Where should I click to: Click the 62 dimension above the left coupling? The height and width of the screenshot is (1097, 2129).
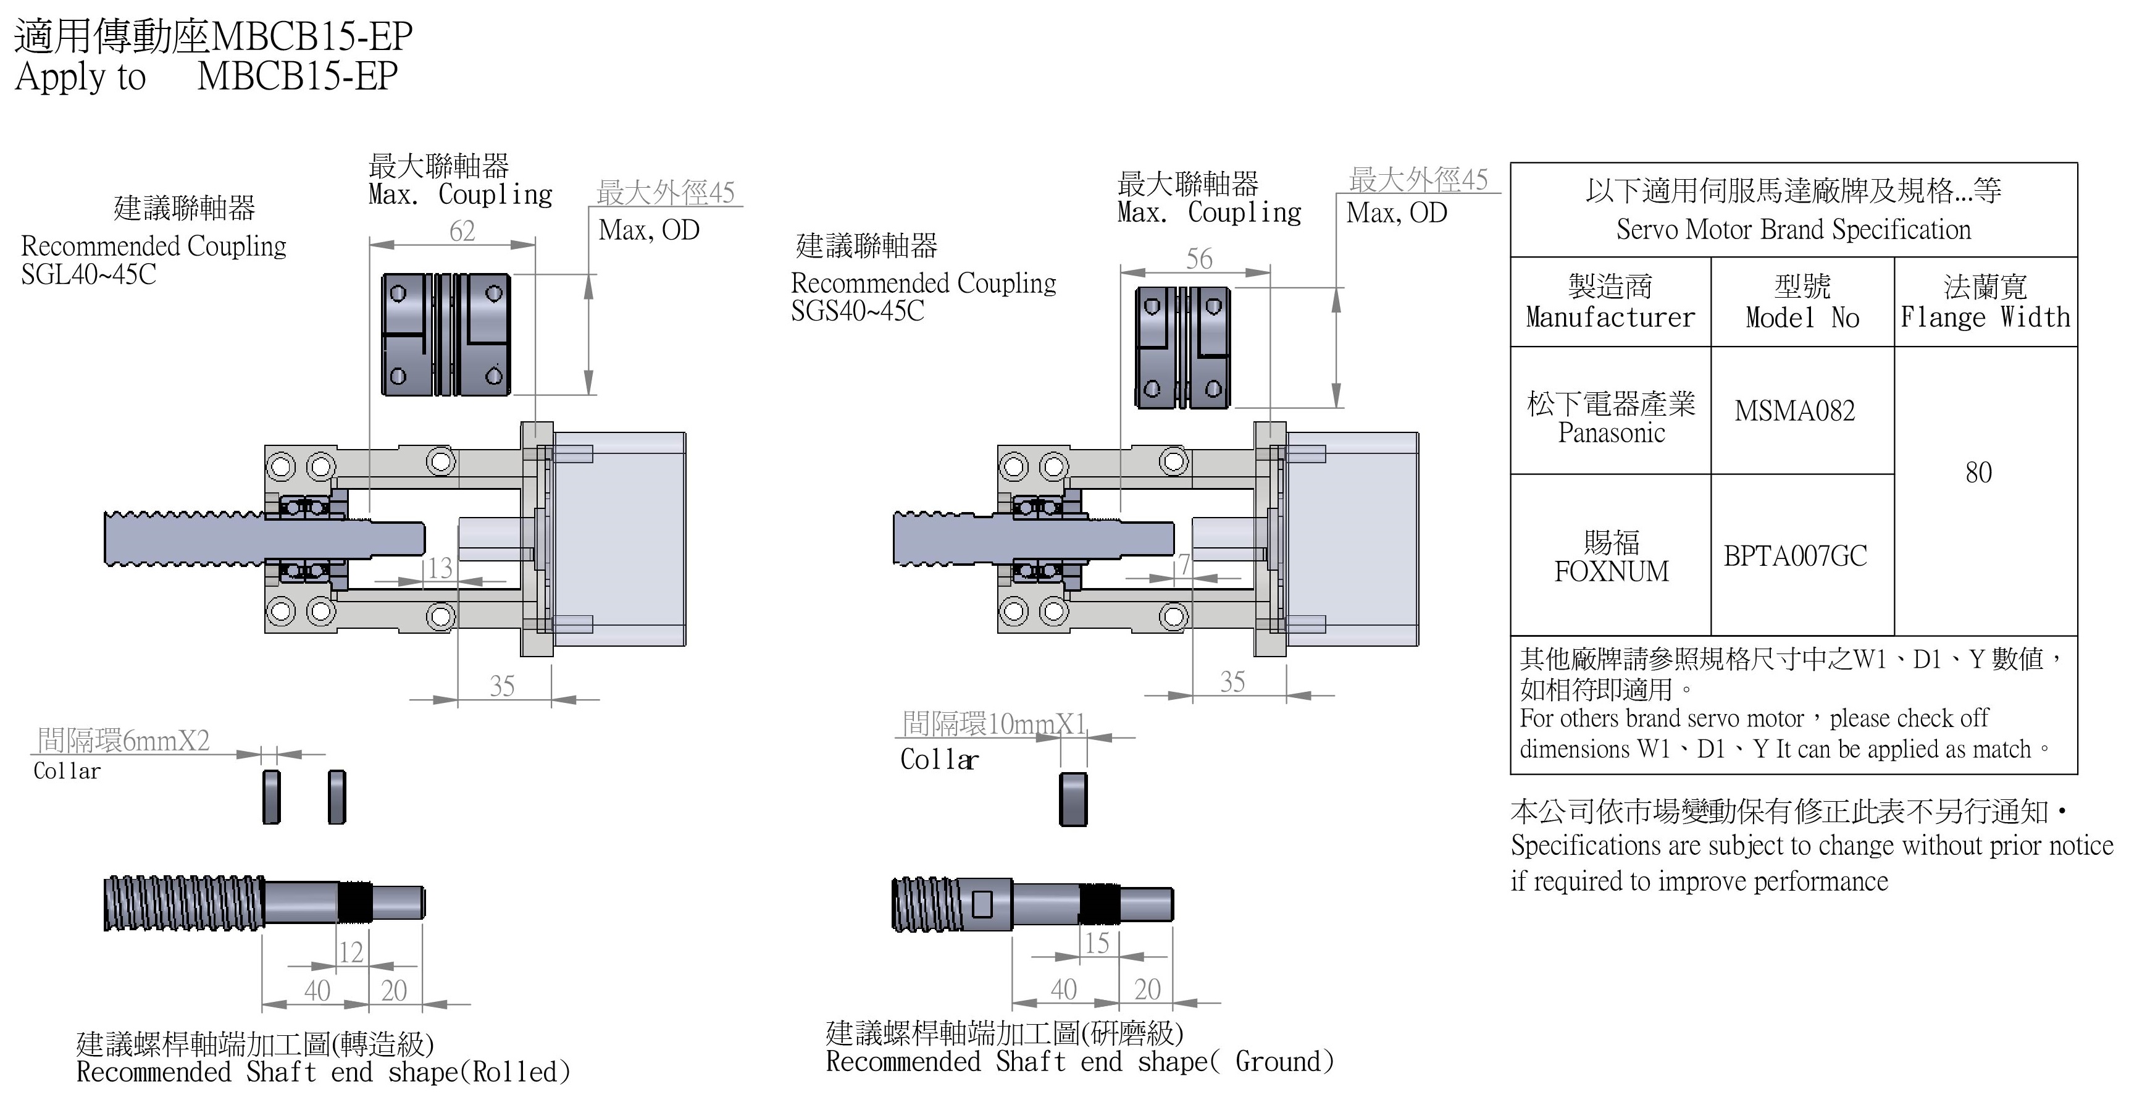coord(462,232)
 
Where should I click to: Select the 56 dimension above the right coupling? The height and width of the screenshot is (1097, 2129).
coord(1199,259)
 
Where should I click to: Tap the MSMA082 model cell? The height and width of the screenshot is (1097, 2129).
coord(1794,411)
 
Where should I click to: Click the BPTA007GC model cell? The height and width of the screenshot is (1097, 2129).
coord(1795,555)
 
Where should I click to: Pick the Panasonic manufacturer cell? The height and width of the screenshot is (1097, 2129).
coord(1611,418)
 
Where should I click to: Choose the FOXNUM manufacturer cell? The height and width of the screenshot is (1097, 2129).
coord(1611,557)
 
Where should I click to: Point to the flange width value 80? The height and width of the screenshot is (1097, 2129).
coord(1978,473)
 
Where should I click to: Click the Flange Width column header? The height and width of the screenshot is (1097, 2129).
coord(1985,303)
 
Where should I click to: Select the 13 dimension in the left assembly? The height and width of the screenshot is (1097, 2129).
coord(440,568)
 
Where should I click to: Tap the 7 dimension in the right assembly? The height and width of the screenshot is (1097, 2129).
coord(1184,565)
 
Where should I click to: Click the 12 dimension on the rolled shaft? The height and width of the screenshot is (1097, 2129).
coord(351,952)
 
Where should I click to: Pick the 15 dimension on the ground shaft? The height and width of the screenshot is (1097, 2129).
coord(1097,943)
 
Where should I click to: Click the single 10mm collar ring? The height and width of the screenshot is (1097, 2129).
coord(1073,799)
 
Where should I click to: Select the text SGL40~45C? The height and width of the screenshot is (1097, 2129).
coord(88,274)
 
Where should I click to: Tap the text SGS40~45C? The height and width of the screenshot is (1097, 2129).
coord(857,311)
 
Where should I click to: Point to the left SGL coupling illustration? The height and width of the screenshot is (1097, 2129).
coord(445,334)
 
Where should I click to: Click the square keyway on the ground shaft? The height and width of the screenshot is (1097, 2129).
coord(982,904)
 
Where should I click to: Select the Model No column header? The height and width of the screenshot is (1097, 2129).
coord(1802,303)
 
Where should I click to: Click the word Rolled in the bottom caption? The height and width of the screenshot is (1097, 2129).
coord(517,1072)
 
